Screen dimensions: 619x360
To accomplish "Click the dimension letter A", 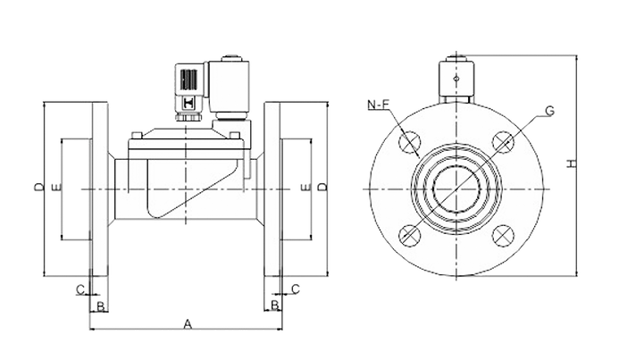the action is point(188,324).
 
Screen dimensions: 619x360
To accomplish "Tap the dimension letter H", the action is point(572,163).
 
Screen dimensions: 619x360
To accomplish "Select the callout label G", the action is point(549,112).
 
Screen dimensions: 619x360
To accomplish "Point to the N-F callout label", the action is point(379,105).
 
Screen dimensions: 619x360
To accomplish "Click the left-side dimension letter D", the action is point(38,187).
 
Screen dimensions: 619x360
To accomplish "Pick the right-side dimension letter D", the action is point(323,187).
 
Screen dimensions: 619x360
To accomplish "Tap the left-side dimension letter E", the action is point(57,188).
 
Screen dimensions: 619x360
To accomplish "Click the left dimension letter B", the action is point(101,306).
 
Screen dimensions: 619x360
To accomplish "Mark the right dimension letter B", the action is point(275,306).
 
